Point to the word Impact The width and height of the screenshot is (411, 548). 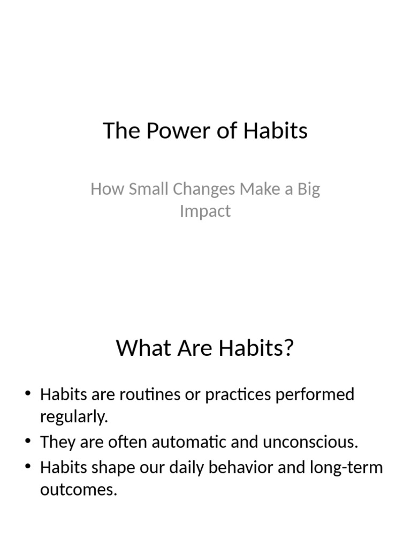pos(205,211)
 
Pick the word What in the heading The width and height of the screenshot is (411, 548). pos(140,348)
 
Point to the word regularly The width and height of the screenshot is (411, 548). pos(74,417)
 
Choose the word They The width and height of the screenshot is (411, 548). pos(56,443)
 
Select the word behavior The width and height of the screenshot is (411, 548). pos(239,467)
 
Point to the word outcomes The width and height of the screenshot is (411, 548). pos(78,490)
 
